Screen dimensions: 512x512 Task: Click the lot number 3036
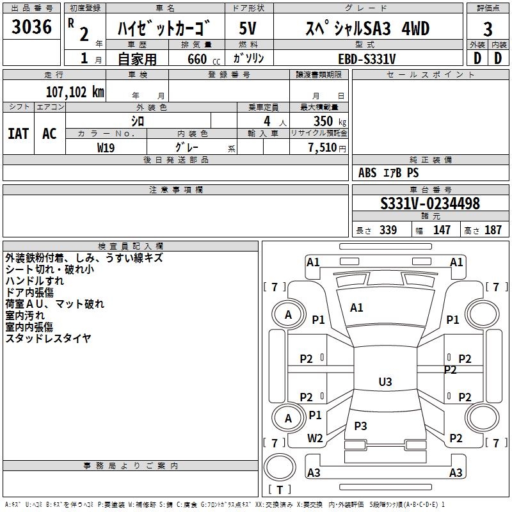pos(31,27)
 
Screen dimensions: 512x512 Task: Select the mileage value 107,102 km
pos(75,92)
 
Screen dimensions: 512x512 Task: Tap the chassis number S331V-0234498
pos(430,203)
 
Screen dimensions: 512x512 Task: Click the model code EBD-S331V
pos(367,59)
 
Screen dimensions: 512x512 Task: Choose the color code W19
pos(106,148)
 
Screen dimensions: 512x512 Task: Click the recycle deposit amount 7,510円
pos(327,148)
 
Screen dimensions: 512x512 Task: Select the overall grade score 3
pos(488,29)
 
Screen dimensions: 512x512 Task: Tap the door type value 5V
pos(248,28)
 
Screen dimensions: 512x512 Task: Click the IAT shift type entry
pos(19,134)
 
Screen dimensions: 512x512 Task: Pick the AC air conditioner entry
pos(49,134)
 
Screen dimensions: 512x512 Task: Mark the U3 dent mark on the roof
pos(385,381)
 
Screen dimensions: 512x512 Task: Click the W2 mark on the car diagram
pos(315,438)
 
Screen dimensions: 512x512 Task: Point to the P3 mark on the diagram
pos(360,426)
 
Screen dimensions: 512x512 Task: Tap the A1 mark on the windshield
pos(356,308)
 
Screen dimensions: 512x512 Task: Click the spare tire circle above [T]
pos(280,467)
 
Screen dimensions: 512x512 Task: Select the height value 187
pos(493,230)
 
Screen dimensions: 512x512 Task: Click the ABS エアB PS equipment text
pos(388,173)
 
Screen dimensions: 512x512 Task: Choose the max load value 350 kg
pos(330,121)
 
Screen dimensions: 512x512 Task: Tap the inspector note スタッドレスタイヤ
pos(48,339)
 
